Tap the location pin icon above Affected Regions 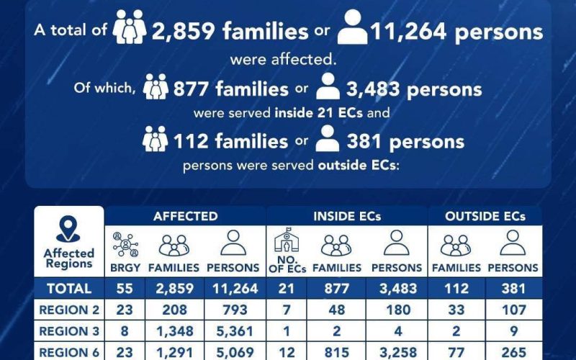(68, 230)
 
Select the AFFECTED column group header (185, 216)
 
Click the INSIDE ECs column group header (347, 216)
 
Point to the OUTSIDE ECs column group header (485, 216)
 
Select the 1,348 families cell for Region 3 (174, 333)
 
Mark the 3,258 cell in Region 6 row (397, 354)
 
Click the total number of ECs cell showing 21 (288, 289)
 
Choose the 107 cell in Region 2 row (513, 310)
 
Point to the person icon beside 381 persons (328, 140)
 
